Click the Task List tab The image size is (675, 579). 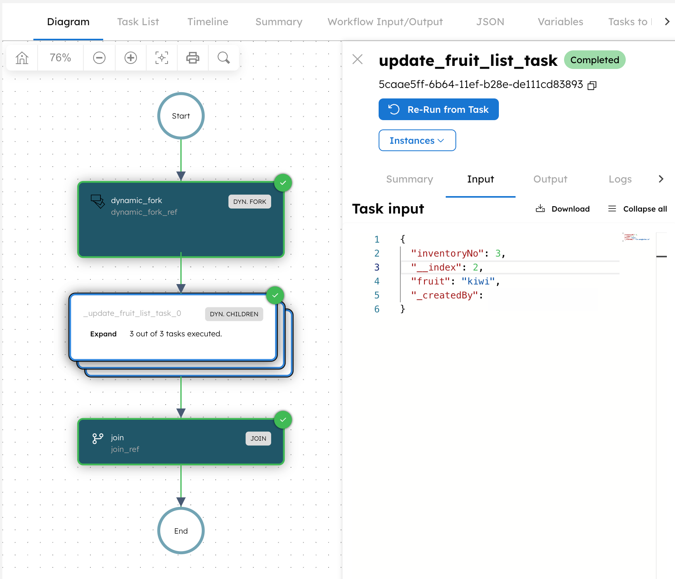click(138, 22)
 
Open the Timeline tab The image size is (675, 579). click(208, 22)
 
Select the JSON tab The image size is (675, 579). click(490, 22)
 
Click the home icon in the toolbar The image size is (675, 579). click(22, 58)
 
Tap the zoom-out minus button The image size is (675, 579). click(99, 58)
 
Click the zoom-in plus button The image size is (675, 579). click(131, 58)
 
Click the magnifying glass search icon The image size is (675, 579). click(223, 58)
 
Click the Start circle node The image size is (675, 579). click(181, 116)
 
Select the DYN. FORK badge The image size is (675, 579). click(249, 202)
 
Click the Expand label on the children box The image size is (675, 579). click(103, 334)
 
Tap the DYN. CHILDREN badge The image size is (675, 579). click(234, 314)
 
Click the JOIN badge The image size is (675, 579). click(258, 438)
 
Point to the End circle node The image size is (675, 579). click(181, 531)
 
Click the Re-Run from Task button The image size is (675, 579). click(438, 110)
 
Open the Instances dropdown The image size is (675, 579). click(417, 141)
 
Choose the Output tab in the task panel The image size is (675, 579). click(550, 179)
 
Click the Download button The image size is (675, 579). click(563, 209)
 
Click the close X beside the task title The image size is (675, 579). click(357, 59)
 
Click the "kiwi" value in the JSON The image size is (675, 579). click(478, 281)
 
